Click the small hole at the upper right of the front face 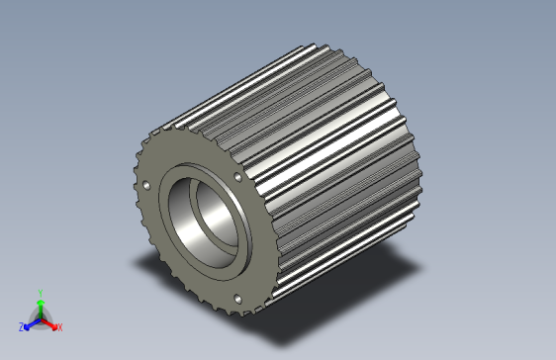click(x=237, y=177)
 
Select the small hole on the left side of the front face click(x=147, y=185)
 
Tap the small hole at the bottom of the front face click(x=237, y=298)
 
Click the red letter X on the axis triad click(x=59, y=326)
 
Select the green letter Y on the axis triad click(x=40, y=293)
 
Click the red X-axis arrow click(x=50, y=322)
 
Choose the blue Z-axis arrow click(x=31, y=322)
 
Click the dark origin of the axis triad click(x=40, y=318)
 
